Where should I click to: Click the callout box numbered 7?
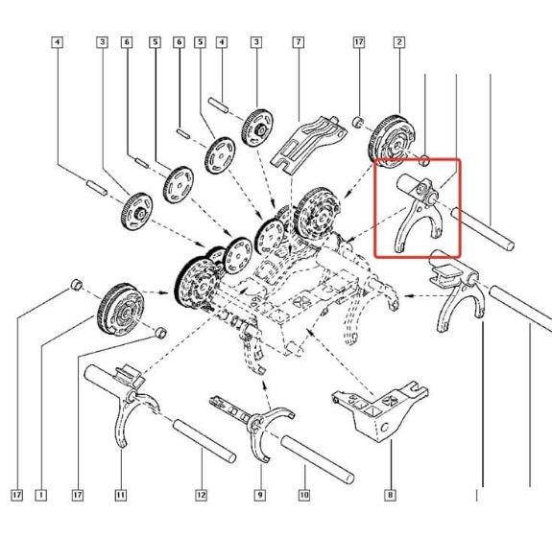pyautogui.click(x=299, y=42)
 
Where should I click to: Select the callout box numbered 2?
pyautogui.click(x=399, y=42)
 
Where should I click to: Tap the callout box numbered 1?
pyautogui.click(x=41, y=495)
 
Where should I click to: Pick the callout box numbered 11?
pyautogui.click(x=121, y=495)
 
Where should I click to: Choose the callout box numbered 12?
pyautogui.click(x=201, y=495)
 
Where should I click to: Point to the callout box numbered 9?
pyautogui.click(x=260, y=495)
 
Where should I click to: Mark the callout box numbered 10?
pyautogui.click(x=304, y=495)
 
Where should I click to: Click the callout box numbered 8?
pyautogui.click(x=390, y=495)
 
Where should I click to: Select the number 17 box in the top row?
pyautogui.click(x=359, y=42)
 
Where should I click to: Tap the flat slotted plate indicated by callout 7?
pyautogui.click(x=309, y=144)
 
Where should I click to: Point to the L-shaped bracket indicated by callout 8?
pyautogui.click(x=380, y=411)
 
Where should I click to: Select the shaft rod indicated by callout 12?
pyautogui.click(x=204, y=441)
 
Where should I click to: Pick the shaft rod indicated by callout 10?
pyautogui.click(x=318, y=459)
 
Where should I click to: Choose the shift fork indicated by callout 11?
pyautogui.click(x=123, y=405)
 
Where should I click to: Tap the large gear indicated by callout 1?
pyautogui.click(x=120, y=310)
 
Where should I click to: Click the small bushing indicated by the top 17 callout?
pyautogui.click(x=358, y=122)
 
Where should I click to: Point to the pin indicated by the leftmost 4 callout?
pyautogui.click(x=96, y=188)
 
